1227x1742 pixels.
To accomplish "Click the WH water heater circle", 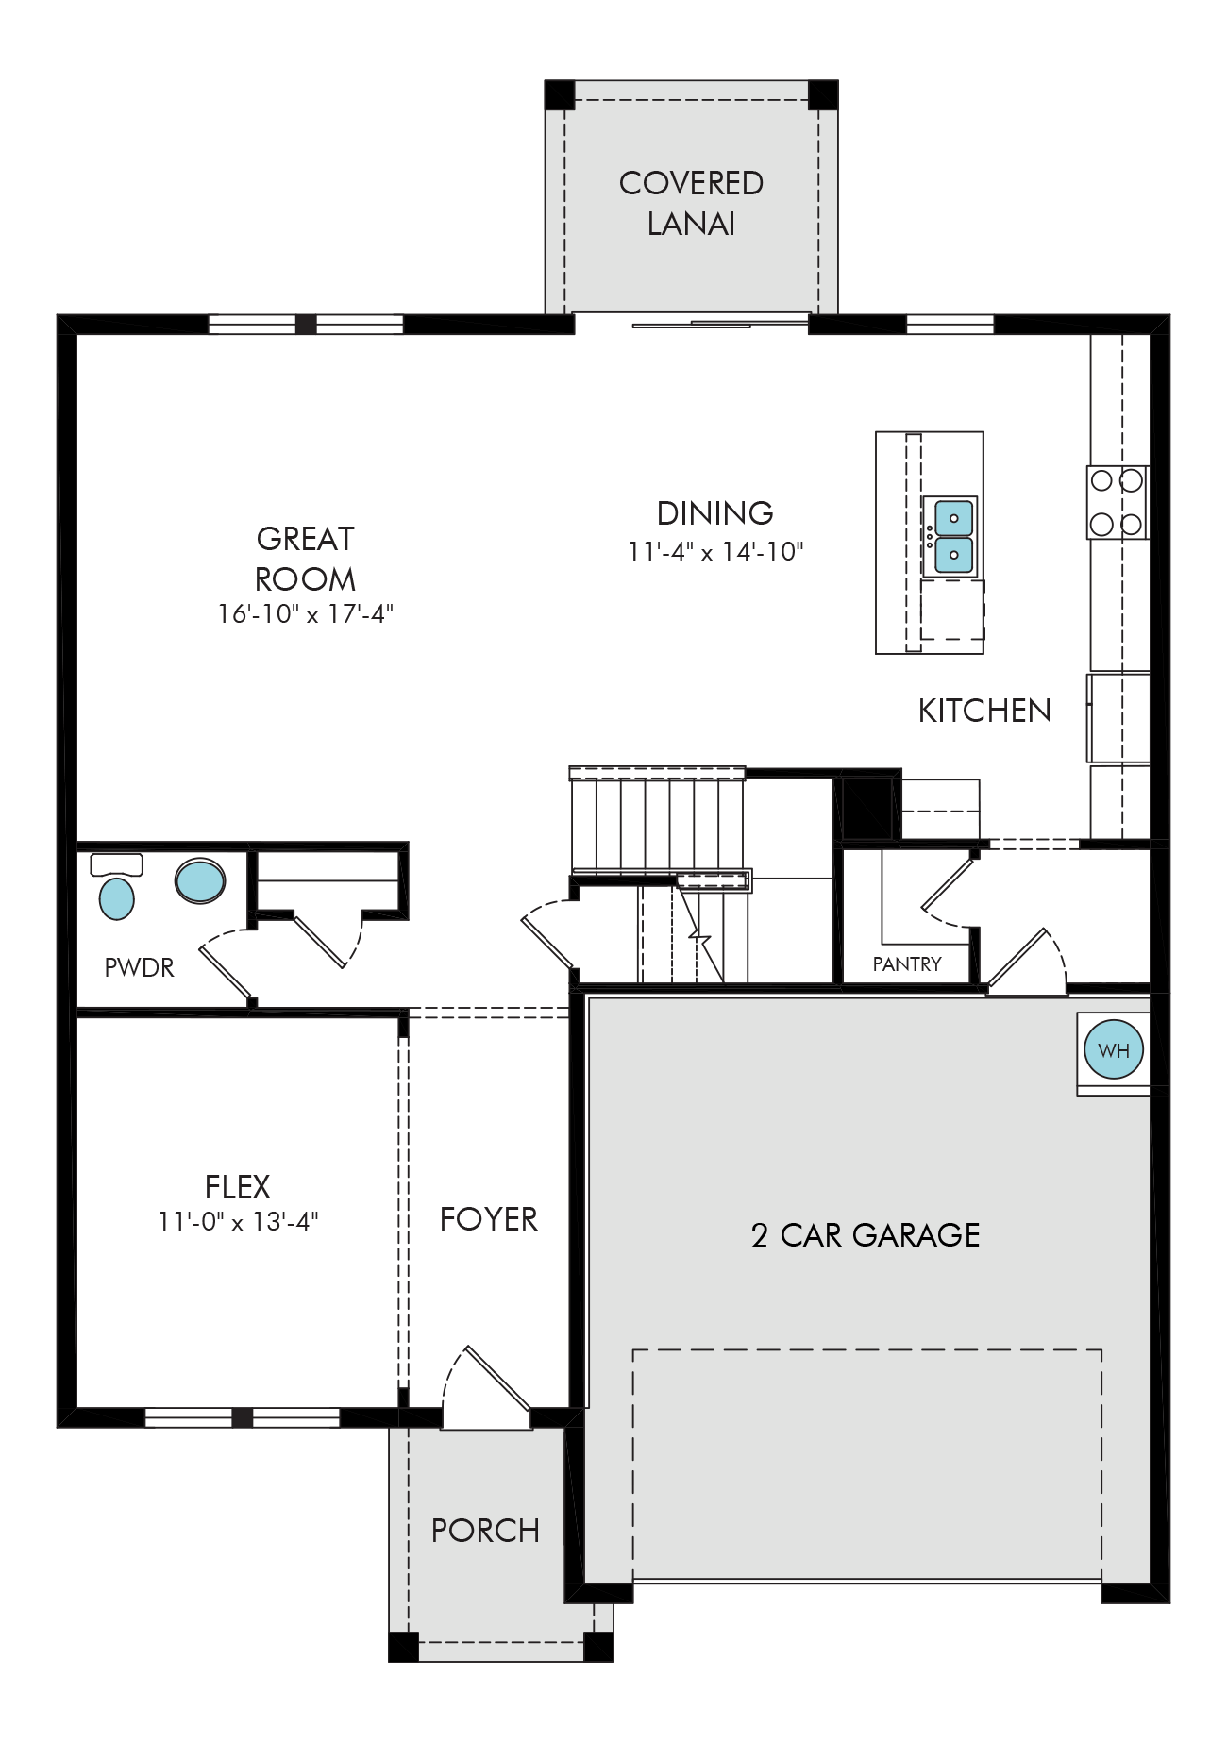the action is click(x=1114, y=1049).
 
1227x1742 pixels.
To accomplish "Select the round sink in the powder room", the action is click(x=200, y=880).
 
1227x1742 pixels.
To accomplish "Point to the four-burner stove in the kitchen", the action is click(x=1118, y=502).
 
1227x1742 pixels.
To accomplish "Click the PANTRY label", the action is click(x=907, y=963).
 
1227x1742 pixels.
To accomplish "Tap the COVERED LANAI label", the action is click(x=691, y=203).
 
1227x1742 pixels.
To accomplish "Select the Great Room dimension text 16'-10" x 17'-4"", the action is click(x=305, y=613).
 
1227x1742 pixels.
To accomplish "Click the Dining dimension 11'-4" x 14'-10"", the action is click(x=715, y=551).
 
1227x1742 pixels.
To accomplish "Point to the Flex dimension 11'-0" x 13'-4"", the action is click(x=238, y=1221).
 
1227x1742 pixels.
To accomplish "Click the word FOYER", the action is click(x=488, y=1219).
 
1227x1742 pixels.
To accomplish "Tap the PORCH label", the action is click(x=485, y=1530).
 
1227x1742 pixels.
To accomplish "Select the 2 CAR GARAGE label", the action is click(x=866, y=1234).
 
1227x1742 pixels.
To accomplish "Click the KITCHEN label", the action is click(x=984, y=710).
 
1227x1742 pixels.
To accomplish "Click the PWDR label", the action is click(x=139, y=967).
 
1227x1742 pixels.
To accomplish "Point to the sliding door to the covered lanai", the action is click(x=721, y=325).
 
